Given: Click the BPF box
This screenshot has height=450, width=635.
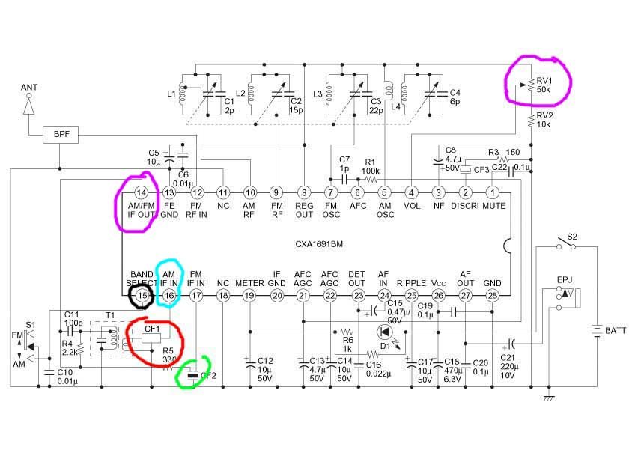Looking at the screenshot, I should (x=60, y=135).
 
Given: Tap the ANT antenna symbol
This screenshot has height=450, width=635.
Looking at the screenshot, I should (x=29, y=106).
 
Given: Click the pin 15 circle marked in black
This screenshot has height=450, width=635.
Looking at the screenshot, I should (x=142, y=296).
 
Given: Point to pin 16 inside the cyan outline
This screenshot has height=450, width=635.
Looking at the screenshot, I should (x=169, y=296).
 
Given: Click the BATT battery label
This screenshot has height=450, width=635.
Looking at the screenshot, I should (x=616, y=330).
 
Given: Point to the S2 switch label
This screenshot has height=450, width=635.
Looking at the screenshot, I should (x=572, y=237).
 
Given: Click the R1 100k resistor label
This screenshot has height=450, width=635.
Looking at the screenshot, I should (x=370, y=165).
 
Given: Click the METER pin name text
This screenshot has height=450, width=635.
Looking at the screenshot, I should (x=249, y=283).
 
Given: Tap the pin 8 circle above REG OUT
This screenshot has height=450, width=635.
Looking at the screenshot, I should (x=303, y=192).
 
